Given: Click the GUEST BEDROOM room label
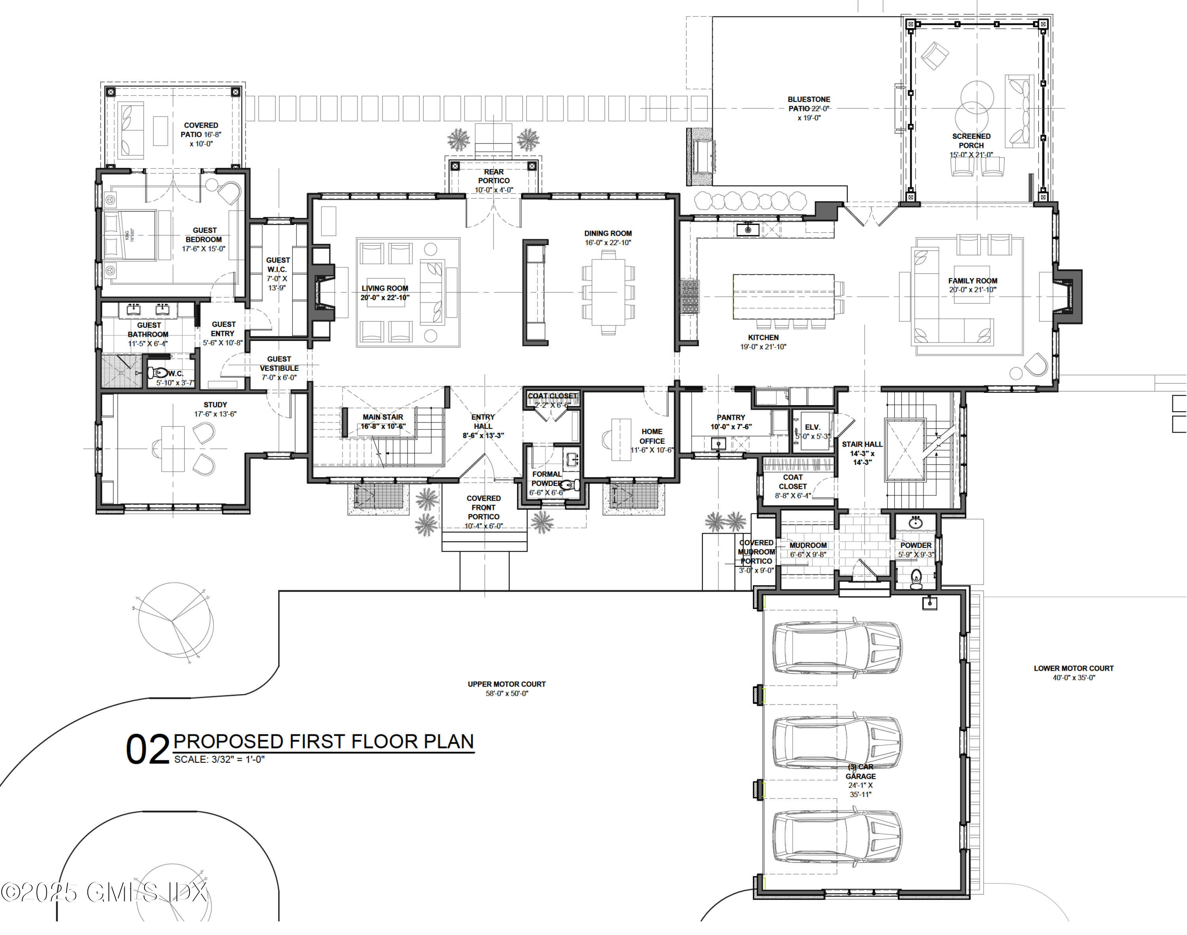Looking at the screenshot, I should coord(204,235).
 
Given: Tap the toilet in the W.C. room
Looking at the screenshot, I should coord(157,373).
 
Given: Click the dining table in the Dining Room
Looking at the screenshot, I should coord(608,292).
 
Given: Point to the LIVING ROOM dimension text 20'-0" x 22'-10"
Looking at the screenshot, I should coord(385,298).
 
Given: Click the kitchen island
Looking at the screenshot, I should coord(783,296).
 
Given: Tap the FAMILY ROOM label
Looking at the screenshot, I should coord(973,281).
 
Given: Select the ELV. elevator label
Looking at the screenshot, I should coord(812,427).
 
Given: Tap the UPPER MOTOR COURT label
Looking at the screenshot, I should coord(506,684).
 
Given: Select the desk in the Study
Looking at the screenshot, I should coord(172,449).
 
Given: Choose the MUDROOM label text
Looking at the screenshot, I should coord(808,545).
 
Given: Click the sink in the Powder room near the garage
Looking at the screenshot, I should coord(916,523).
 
